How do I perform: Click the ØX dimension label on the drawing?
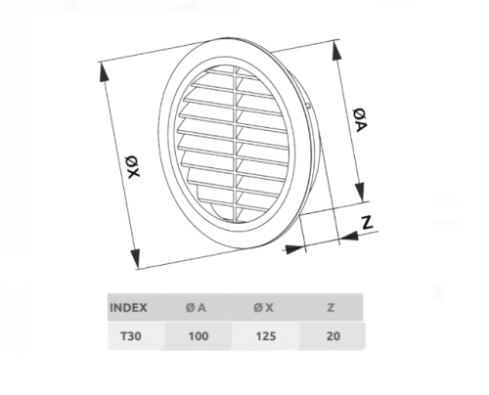click(133, 167)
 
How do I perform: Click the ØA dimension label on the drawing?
click(361, 120)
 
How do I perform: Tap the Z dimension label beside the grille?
click(368, 222)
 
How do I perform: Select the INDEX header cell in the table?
click(128, 308)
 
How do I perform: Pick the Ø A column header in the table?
click(196, 308)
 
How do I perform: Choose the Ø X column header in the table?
click(263, 308)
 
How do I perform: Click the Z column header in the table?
click(331, 308)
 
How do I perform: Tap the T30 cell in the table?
click(131, 336)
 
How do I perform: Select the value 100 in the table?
click(199, 336)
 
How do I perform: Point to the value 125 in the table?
click(266, 336)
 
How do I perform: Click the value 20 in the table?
click(333, 336)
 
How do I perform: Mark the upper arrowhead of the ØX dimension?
click(104, 71)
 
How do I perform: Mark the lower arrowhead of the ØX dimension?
click(135, 258)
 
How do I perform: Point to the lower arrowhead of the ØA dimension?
click(360, 193)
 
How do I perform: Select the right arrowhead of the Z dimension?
click(349, 236)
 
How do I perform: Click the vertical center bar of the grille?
click(236, 145)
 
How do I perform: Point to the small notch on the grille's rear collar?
click(308, 106)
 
